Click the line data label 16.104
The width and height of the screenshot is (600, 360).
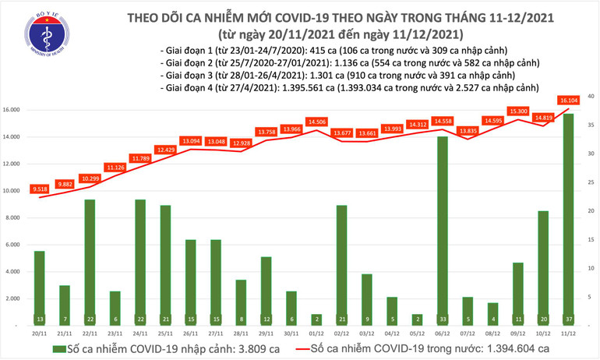568,101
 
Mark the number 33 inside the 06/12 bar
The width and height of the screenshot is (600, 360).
442,319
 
